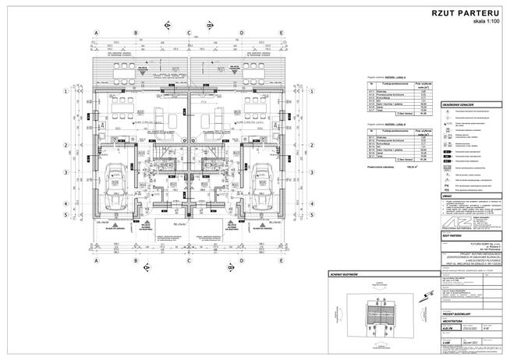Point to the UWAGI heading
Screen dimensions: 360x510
(448, 196)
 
